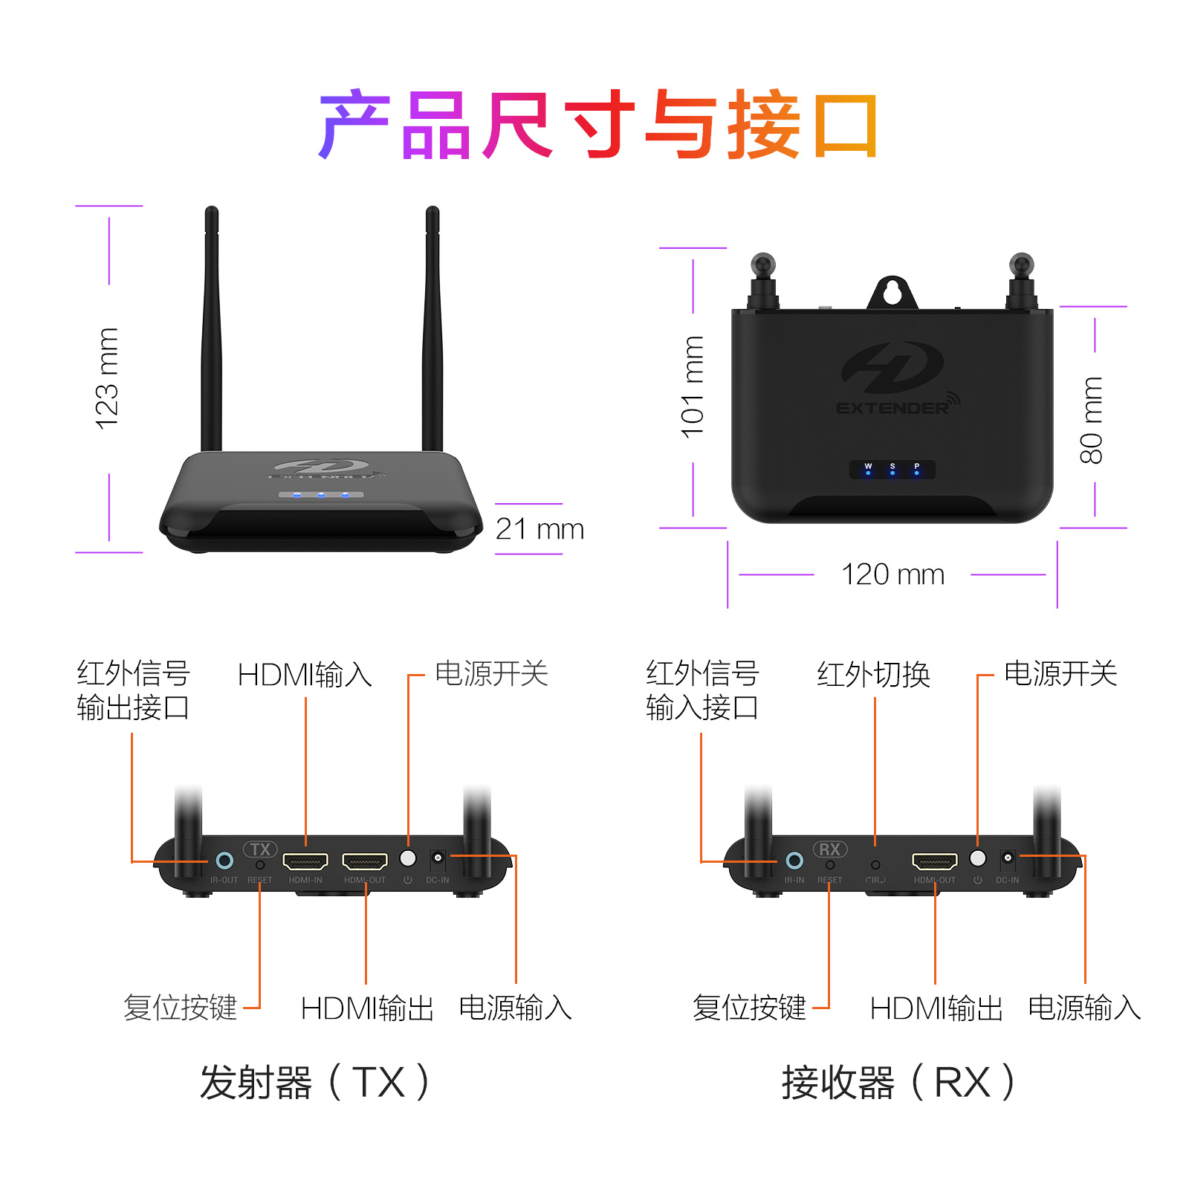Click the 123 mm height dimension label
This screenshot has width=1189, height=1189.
click(108, 378)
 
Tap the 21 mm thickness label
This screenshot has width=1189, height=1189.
click(540, 529)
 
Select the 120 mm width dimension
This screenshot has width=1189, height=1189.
click(892, 574)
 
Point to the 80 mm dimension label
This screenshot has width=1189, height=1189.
click(1092, 420)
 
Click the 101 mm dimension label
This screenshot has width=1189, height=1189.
click(693, 387)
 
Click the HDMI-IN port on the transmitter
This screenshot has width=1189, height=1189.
click(305, 861)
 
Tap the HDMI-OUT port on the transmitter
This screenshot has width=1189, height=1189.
click(365, 861)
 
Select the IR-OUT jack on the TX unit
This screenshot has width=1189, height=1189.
click(224, 861)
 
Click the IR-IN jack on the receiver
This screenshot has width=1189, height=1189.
click(794, 861)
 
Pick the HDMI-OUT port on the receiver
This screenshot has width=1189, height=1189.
click(935, 861)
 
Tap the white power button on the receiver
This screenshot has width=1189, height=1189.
click(978, 858)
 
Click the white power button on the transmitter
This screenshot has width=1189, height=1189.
click(408, 858)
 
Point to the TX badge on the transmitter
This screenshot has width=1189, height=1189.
click(260, 849)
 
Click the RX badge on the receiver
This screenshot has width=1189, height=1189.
click(830, 849)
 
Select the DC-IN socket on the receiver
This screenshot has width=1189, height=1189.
click(1008, 859)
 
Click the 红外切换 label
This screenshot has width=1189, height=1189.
click(874, 675)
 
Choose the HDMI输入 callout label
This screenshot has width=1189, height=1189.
click(305, 675)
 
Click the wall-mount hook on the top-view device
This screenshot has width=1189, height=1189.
click(892, 292)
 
